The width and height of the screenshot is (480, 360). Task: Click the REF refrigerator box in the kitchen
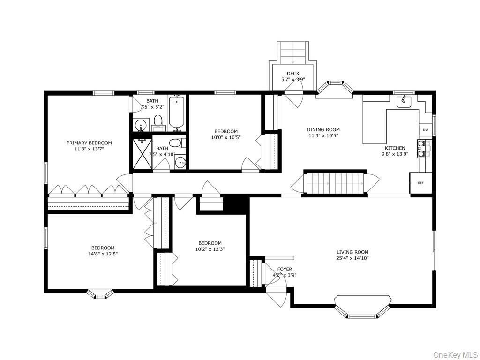(420, 182)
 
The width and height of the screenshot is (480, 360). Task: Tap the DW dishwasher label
(425, 130)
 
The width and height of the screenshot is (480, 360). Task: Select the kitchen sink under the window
(404, 101)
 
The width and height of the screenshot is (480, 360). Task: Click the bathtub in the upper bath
(177, 112)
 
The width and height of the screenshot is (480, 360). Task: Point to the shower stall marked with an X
(142, 153)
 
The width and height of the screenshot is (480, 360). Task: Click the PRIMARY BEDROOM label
(89, 143)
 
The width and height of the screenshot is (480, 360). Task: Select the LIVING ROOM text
(352, 252)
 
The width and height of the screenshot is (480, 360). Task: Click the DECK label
(293, 74)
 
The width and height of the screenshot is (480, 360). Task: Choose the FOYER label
(285, 269)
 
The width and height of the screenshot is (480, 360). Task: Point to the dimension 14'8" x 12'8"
(103, 254)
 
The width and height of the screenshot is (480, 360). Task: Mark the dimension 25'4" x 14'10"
(352, 258)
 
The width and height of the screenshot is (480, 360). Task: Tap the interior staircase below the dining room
(334, 183)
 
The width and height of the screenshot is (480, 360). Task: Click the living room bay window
(362, 307)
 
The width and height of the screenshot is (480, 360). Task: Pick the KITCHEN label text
(395, 148)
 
